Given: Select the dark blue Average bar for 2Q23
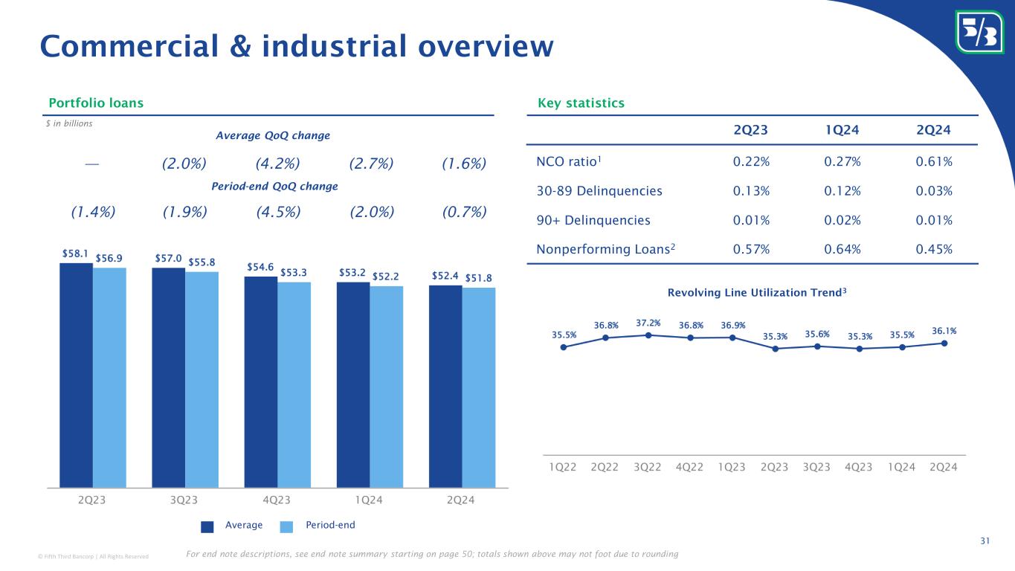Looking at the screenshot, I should point(76,375).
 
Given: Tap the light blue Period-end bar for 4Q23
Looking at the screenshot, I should point(294,384).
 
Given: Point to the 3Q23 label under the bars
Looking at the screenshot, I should point(184,500).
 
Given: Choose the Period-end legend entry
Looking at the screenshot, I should point(330,525).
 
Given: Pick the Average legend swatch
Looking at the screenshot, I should point(207,526).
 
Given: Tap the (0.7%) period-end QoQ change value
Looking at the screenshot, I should point(464,212).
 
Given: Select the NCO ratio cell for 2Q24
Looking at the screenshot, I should point(935,161).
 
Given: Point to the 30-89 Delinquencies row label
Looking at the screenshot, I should point(599,191).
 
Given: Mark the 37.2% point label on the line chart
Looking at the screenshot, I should point(648,323).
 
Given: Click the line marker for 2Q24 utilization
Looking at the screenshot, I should point(944,343).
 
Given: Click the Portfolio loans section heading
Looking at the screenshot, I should point(96,103).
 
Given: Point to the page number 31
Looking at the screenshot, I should point(985,541).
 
